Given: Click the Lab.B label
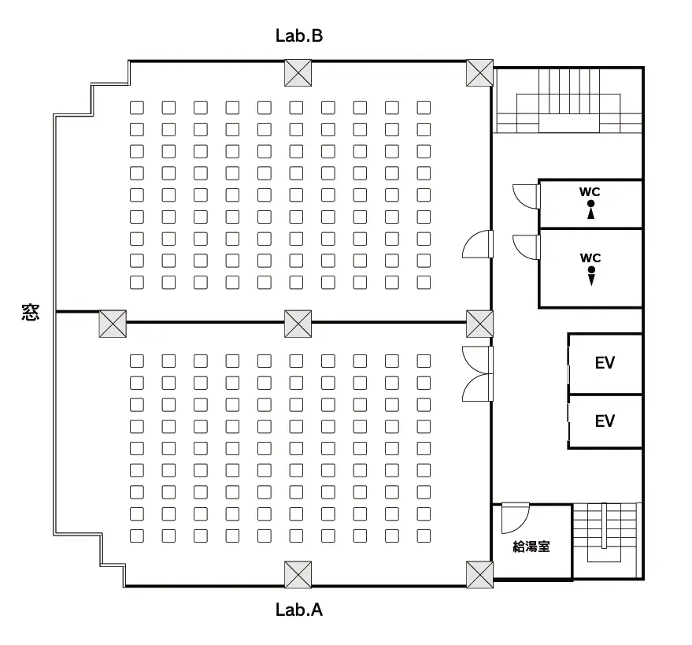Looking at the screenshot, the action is coord(299,35).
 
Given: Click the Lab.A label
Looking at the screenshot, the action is coord(299,610).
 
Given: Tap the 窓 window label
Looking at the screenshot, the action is coord(31,312).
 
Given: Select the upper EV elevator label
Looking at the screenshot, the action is coord(605,363).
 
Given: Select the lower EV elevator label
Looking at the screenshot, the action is coord(605,421).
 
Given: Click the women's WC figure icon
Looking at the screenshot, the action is coord(591,209).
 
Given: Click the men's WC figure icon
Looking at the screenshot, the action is coord(591,276).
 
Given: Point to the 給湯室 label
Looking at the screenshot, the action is coord(531,547).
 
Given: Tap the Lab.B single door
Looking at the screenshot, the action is coord(478,243).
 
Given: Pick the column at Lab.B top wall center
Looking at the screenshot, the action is coord(298,72).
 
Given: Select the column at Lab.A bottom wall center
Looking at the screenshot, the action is coord(298,574).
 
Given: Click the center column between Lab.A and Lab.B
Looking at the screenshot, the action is coord(298,324).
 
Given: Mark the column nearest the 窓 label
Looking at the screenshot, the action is coord(113,324).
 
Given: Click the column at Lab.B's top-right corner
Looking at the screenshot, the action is coord(479,72).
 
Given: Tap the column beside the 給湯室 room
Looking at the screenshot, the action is coord(479,574).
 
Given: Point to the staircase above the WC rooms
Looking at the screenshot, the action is coord(568,101).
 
